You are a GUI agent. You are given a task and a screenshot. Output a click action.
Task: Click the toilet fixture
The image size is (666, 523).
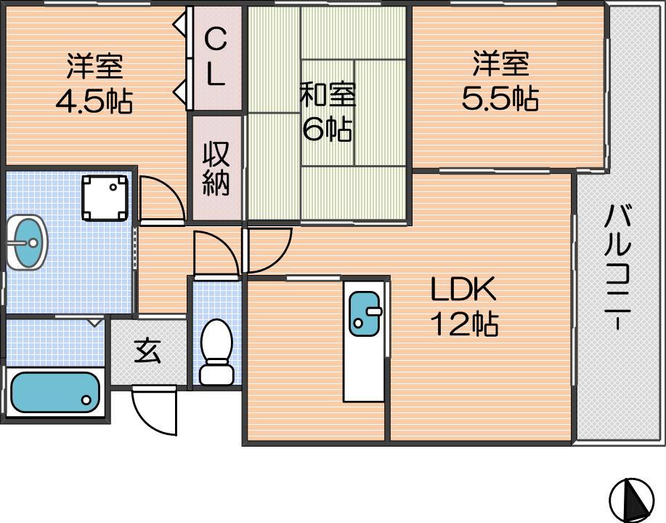216,352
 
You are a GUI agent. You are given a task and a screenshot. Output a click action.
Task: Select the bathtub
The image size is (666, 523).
54,392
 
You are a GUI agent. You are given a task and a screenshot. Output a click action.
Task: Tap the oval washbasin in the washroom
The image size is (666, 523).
27,242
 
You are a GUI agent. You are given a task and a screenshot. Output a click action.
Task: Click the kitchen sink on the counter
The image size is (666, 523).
365,314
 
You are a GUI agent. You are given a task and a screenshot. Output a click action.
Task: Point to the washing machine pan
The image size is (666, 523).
105,198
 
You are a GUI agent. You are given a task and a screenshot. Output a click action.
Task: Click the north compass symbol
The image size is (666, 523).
632,500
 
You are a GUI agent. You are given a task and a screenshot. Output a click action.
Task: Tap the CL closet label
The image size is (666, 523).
216,57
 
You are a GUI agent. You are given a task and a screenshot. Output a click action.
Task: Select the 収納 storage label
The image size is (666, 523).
216,169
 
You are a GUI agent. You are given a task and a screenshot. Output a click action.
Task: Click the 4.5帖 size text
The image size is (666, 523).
94,101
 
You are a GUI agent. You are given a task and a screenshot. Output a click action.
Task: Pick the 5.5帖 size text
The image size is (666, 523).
500,99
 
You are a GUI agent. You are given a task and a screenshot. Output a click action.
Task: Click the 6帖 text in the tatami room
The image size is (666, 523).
327,129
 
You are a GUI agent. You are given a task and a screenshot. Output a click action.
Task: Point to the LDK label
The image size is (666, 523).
464,289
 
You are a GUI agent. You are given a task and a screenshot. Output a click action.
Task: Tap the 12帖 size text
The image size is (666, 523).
465,324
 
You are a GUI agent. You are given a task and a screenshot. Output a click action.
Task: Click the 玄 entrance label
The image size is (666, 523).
147,351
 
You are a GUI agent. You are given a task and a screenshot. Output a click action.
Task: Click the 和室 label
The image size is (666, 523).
328,94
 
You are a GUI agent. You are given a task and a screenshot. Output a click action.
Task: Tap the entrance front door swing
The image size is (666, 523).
154,410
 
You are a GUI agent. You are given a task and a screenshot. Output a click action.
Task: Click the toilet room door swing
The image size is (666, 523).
216,254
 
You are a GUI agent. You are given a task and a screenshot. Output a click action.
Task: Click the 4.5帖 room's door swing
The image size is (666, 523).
162,199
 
